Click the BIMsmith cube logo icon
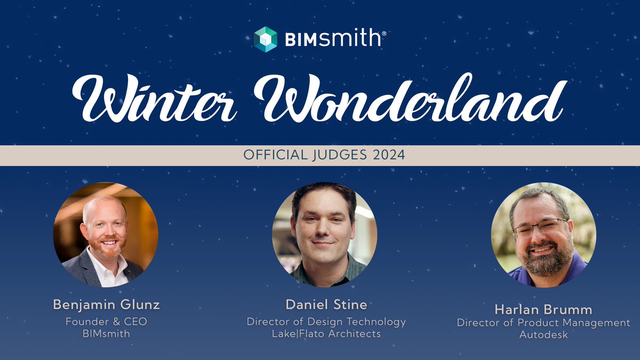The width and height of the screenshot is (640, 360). [x=266, y=39]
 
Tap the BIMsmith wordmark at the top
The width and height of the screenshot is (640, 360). [x=333, y=39]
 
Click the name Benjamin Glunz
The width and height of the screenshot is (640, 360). [x=106, y=305]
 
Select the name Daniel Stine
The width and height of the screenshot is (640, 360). [x=326, y=305]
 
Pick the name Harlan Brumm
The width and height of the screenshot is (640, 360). [x=543, y=309]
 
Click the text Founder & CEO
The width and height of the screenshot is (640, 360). [x=106, y=322]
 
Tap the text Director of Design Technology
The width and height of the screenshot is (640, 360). [x=326, y=322]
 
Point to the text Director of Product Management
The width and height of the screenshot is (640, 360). [x=543, y=323]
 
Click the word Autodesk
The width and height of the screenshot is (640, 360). [x=543, y=335]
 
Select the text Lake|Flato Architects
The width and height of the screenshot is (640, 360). [x=326, y=334]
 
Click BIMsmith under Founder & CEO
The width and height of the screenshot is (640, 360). [x=106, y=334]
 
